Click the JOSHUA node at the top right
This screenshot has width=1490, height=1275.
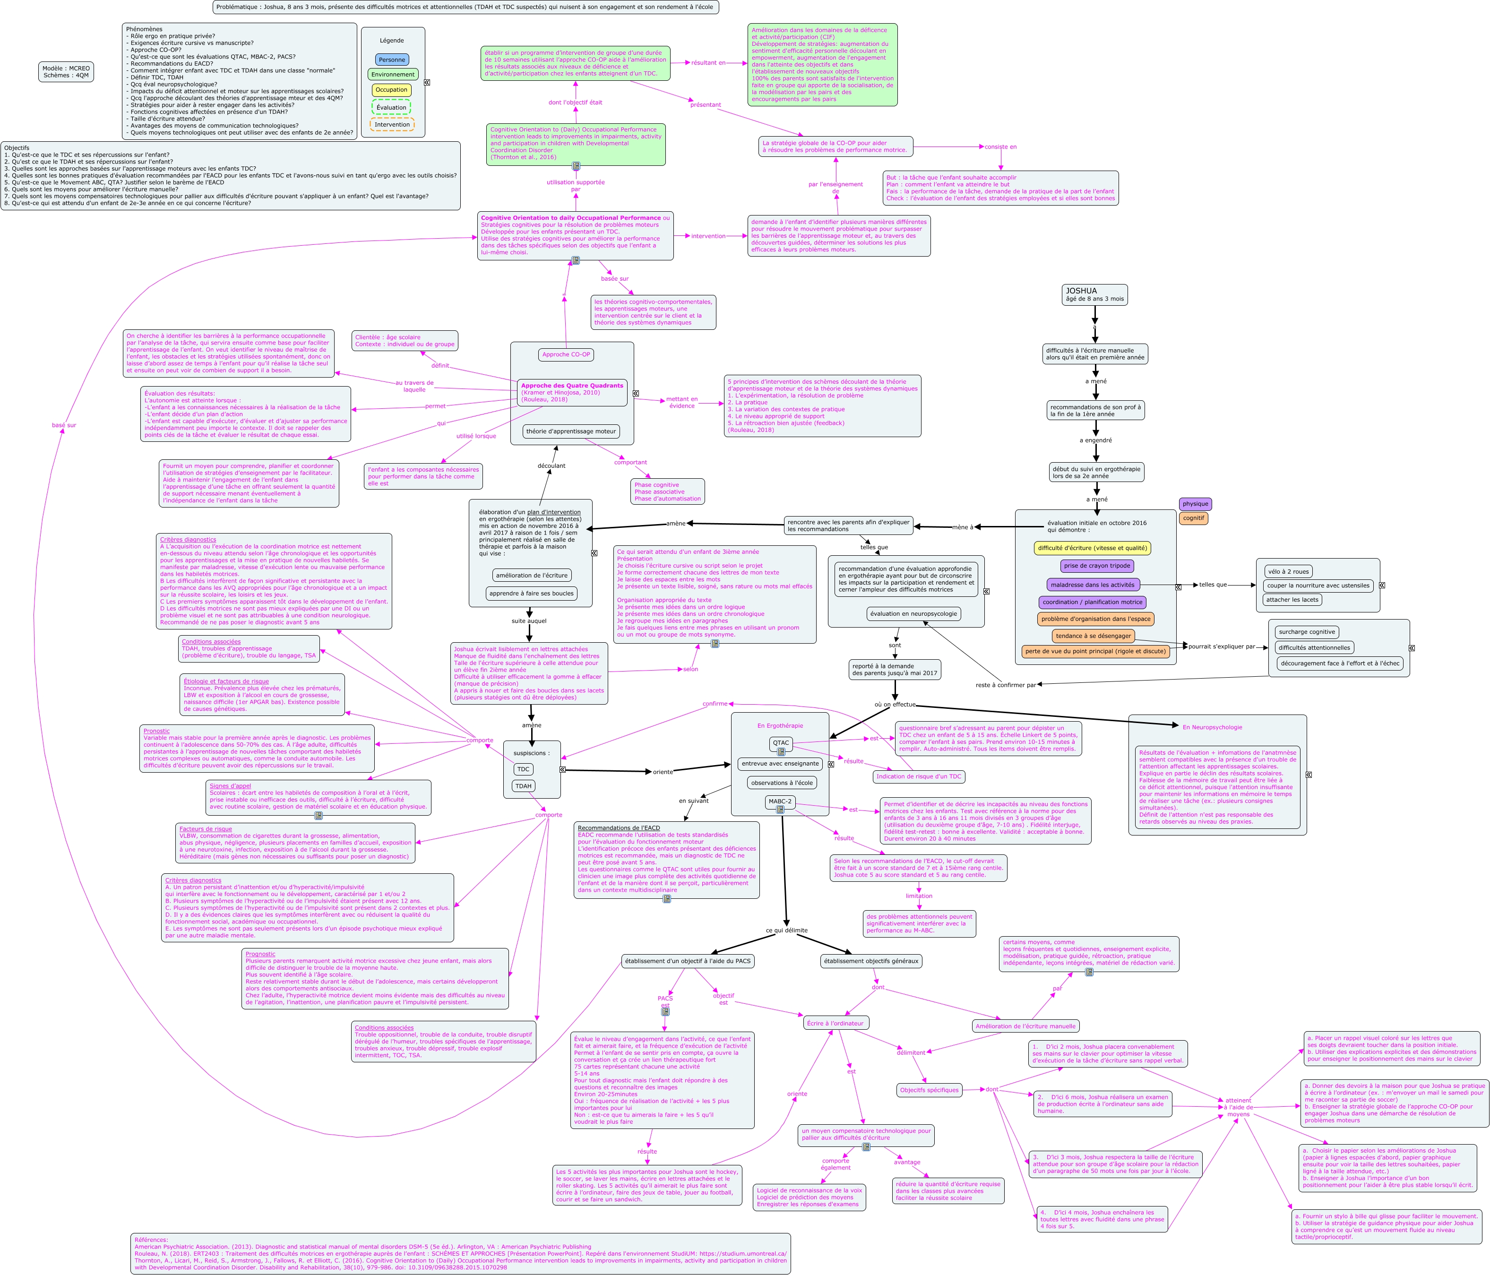tap(1094, 294)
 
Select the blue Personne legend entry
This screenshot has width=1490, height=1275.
tap(392, 60)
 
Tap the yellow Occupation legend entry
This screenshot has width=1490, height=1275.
tap(392, 90)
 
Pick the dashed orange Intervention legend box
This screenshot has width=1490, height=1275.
tap(392, 124)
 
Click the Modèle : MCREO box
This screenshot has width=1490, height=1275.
tap(66, 72)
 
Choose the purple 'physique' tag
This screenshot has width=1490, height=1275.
tap(1195, 503)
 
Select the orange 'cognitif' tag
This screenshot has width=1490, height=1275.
tap(1193, 518)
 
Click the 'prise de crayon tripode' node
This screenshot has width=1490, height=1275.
tap(1097, 566)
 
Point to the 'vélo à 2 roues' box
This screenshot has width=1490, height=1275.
tap(1288, 572)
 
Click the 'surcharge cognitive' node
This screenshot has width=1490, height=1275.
tap(1307, 632)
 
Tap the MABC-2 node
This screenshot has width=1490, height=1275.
tap(780, 801)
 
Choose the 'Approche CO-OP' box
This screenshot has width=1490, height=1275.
tap(566, 354)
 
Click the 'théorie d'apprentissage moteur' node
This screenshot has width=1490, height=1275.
tap(571, 431)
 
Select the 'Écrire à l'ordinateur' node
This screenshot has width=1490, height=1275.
tap(835, 1023)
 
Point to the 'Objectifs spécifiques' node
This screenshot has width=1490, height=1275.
tap(929, 1089)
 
